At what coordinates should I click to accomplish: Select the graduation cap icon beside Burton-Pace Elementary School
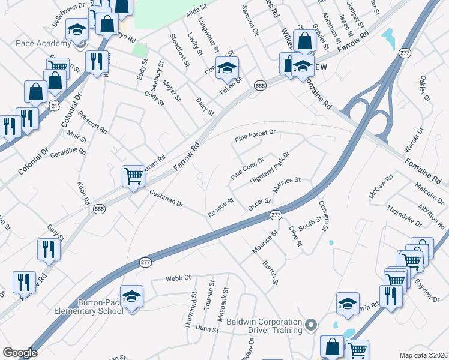click(x=132, y=296)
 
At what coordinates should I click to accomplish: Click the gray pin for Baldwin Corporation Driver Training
click(x=310, y=326)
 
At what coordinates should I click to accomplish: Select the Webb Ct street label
click(x=178, y=278)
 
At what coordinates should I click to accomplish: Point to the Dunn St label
click(x=206, y=328)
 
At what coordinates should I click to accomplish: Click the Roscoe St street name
click(x=220, y=207)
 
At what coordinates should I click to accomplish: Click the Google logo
click(x=20, y=353)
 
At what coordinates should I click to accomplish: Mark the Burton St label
click(x=271, y=272)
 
